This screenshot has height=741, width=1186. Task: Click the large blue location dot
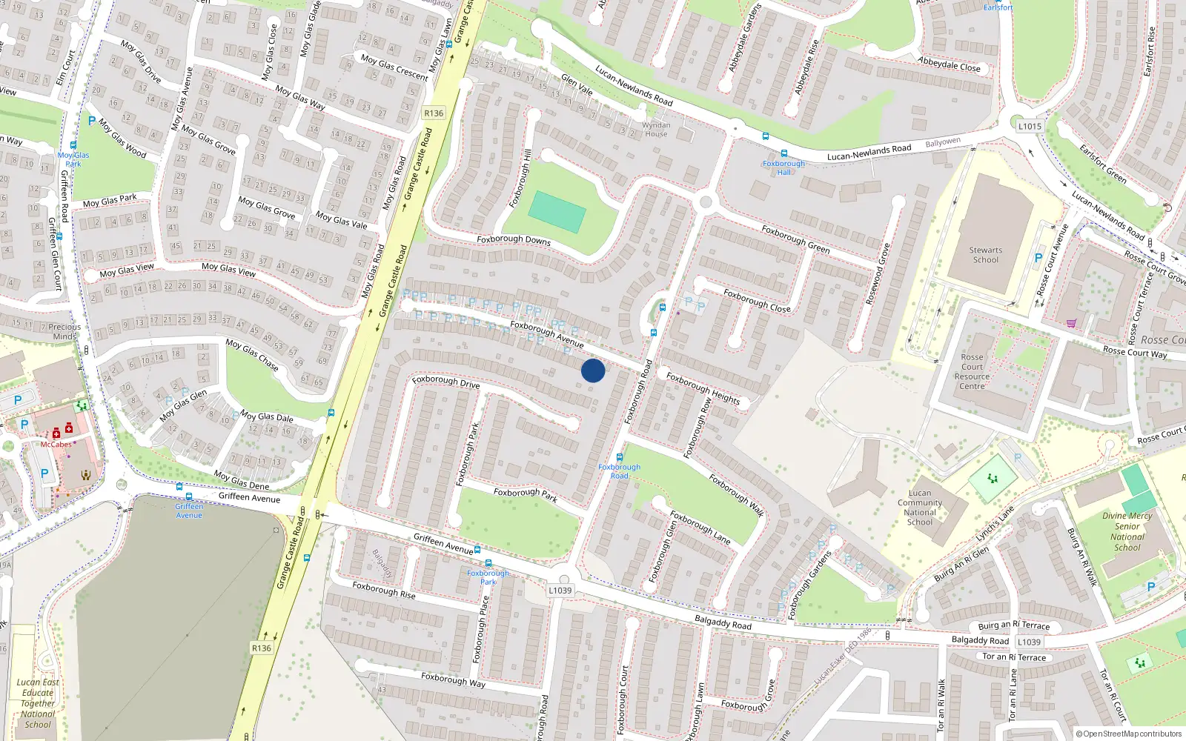coord(592,370)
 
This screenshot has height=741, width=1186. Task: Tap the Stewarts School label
coord(985,255)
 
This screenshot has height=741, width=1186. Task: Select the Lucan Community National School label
coord(920,508)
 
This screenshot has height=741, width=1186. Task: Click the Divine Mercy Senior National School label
coord(1127,531)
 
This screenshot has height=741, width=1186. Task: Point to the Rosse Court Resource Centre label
coord(972,371)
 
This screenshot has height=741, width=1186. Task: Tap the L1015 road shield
coord(1029,126)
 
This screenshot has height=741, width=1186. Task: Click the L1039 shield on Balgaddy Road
coord(1029,642)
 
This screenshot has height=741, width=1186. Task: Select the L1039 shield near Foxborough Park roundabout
coord(560,591)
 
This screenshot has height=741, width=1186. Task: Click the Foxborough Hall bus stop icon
coord(784,154)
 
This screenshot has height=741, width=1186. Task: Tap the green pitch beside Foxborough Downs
coord(557,211)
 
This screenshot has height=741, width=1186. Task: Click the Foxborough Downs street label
coord(514,240)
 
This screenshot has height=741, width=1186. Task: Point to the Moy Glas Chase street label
coord(252,355)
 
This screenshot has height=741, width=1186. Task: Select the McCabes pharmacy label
coord(56,445)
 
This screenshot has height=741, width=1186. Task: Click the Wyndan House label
coord(656,130)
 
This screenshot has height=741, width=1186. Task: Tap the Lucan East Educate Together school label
coord(38,703)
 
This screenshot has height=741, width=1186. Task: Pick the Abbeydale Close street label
coord(949,64)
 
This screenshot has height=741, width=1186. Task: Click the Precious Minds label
coord(64,331)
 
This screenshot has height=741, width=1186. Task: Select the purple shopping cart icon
coord(1071,322)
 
